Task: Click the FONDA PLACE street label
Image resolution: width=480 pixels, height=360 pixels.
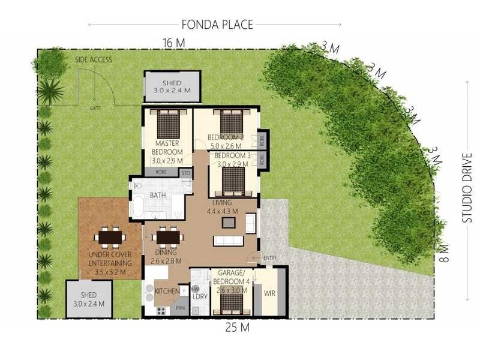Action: pyautogui.click(x=217, y=25)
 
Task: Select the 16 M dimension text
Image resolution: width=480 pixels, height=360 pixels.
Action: pyautogui.click(x=173, y=43)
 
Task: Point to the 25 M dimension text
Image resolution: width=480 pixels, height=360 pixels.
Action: pyautogui.click(x=237, y=328)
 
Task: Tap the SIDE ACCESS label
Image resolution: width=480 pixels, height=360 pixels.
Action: pyautogui.click(x=93, y=61)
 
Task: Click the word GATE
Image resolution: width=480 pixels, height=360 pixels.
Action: pyautogui.click(x=95, y=108)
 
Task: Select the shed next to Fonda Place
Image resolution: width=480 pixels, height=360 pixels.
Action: pyautogui.click(x=172, y=86)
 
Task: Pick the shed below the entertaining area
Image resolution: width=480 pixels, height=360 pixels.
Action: pyautogui.click(x=89, y=299)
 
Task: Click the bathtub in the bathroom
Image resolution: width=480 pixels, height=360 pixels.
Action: pyautogui.click(x=137, y=205)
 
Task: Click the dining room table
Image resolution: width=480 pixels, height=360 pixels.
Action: pyautogui.click(x=168, y=238)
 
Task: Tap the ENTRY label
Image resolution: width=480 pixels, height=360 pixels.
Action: pyautogui.click(x=269, y=259)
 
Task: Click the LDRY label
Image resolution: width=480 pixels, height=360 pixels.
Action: pyautogui.click(x=199, y=296)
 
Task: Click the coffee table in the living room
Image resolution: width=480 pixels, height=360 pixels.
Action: pyautogui.click(x=229, y=223)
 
